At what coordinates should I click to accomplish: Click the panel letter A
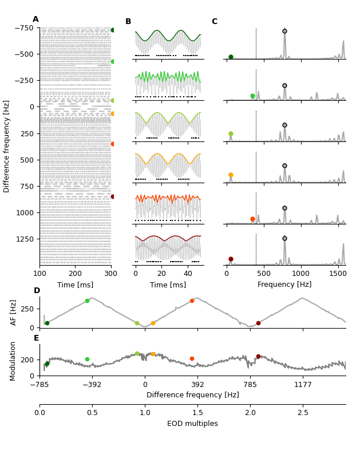[x=35, y=19]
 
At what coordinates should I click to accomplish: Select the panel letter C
[x=214, y=22]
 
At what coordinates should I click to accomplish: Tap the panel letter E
[x=36, y=338]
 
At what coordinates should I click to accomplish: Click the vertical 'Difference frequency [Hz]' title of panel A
[x=7, y=146]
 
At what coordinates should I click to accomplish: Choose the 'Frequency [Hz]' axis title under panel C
[x=284, y=285]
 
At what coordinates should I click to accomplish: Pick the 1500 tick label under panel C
[x=338, y=274]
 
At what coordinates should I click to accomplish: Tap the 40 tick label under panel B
[x=188, y=274]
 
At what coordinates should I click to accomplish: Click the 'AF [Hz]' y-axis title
[x=14, y=313]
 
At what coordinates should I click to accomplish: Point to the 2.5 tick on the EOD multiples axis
[x=303, y=413]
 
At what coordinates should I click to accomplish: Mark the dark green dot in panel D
[x=47, y=323]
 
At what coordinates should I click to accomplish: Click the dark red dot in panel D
[x=258, y=323]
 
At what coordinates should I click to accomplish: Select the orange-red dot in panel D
[x=192, y=301]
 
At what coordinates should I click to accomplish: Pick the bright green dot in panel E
[x=87, y=360]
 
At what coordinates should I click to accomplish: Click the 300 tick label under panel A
[x=111, y=274]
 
